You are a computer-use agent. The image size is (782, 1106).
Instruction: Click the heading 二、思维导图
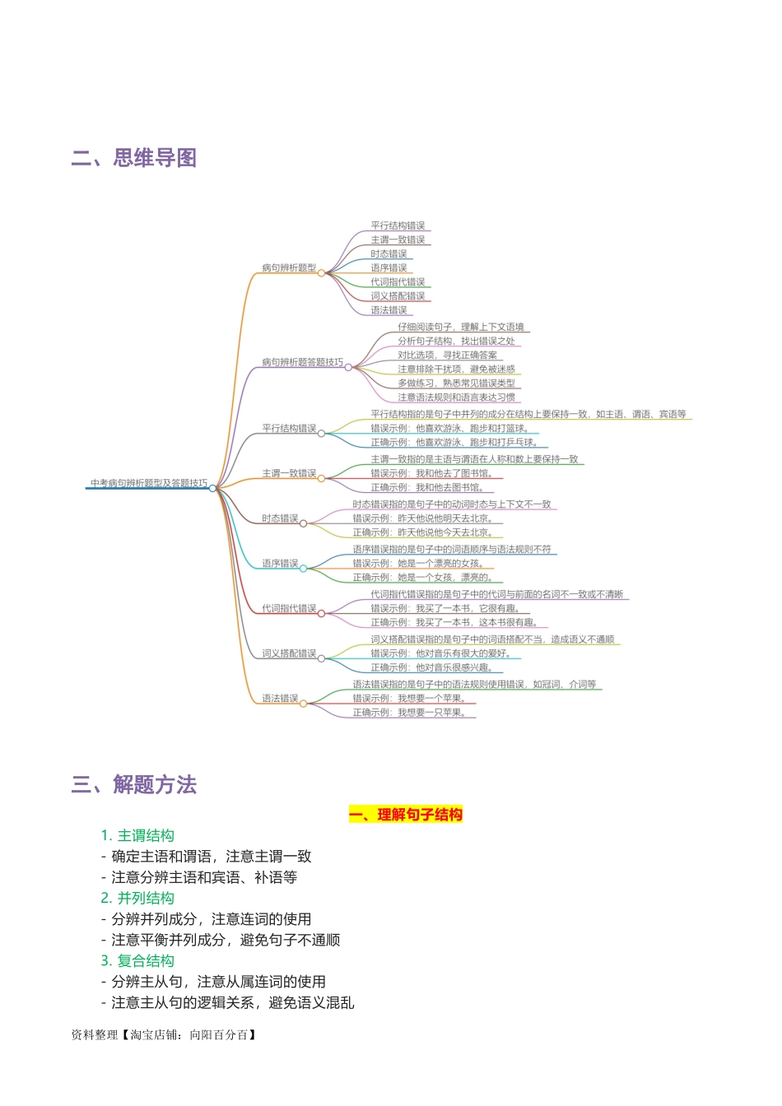(x=134, y=158)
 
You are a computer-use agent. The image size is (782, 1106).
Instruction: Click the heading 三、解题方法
(x=134, y=785)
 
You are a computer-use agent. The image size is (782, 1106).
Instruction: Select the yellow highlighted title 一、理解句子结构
(x=406, y=815)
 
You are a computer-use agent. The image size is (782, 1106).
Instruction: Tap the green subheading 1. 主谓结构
(x=137, y=836)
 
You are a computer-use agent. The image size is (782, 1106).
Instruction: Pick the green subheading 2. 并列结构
(x=137, y=899)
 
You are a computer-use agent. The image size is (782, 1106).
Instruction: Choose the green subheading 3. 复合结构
(x=137, y=961)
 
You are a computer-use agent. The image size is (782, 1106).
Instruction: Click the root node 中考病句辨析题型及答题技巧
(x=149, y=484)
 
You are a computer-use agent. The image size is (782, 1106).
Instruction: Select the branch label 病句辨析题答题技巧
(x=302, y=363)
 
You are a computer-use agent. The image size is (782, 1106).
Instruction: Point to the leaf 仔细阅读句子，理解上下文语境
(x=460, y=328)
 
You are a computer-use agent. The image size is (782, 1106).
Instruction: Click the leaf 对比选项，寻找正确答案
(x=447, y=355)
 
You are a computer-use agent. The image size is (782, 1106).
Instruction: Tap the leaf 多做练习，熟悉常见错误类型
(x=456, y=383)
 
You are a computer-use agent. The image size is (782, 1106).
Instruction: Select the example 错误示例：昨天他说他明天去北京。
(x=422, y=519)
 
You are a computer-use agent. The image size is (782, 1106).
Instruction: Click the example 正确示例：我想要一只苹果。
(x=409, y=713)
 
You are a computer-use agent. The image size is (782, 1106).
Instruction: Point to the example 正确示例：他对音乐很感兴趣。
(x=431, y=667)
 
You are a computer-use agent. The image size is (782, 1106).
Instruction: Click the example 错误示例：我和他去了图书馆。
(x=431, y=474)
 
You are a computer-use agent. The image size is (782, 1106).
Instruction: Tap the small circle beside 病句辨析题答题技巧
(x=348, y=368)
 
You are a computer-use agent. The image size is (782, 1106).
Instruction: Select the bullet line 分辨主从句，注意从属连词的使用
(x=218, y=982)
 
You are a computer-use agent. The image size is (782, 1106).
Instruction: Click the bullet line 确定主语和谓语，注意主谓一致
(x=211, y=857)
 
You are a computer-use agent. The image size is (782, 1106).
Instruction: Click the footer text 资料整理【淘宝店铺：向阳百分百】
(x=165, y=1035)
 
